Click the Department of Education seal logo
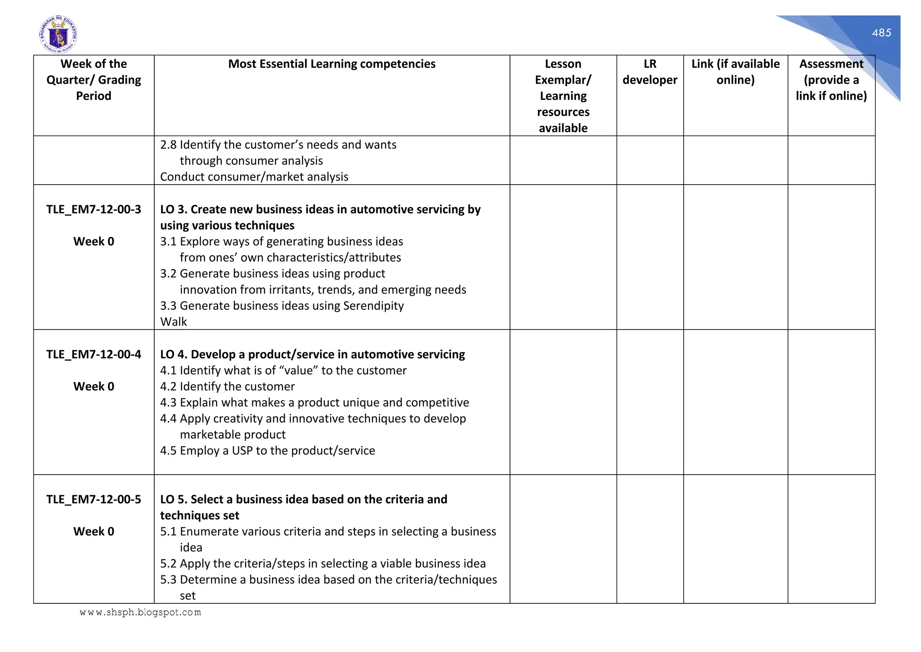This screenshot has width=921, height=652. click(58, 34)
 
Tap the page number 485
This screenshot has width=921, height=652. click(881, 33)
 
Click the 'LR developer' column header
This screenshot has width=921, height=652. click(650, 72)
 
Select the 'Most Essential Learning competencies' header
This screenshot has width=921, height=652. click(331, 64)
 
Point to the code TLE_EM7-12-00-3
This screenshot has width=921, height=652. click(94, 209)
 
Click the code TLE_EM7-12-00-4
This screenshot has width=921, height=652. click(94, 354)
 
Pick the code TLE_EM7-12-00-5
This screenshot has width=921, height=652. click(94, 499)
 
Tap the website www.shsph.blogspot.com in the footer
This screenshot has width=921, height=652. click(140, 612)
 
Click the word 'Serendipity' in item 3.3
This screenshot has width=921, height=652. click(373, 306)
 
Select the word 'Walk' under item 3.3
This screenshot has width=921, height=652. click(174, 322)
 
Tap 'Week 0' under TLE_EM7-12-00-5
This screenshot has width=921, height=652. click(94, 531)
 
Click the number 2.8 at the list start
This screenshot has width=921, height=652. click(168, 145)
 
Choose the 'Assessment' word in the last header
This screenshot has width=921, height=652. click(831, 64)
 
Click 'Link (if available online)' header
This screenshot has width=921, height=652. click(735, 72)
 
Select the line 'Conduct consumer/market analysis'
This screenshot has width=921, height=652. click(254, 177)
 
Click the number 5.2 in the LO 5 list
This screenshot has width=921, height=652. click(168, 564)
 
